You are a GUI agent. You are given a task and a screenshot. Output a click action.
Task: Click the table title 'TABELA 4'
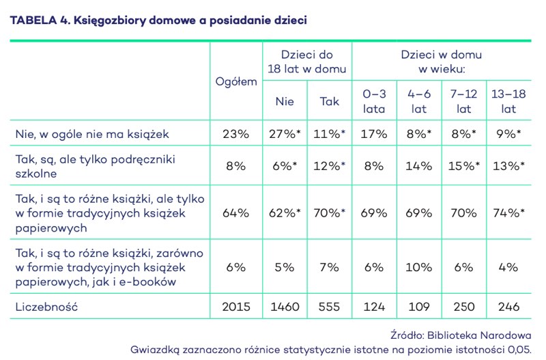(x=38, y=20)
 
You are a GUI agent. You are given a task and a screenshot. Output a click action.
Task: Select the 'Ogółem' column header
(x=236, y=81)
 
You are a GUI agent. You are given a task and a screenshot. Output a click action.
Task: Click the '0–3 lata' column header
(x=374, y=101)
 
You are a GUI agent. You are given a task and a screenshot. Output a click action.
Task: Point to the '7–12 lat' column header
(x=464, y=101)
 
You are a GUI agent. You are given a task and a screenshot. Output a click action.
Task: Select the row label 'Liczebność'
(x=46, y=307)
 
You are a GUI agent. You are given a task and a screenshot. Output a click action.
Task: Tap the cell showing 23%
(x=236, y=134)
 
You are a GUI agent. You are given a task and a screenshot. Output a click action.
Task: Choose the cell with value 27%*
(x=285, y=134)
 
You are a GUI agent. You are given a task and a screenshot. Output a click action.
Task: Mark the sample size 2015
(x=236, y=307)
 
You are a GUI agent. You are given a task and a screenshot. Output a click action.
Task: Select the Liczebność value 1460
(x=285, y=307)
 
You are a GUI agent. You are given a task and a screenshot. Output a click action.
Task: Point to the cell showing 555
(x=330, y=307)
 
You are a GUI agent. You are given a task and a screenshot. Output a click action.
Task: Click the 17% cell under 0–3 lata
(x=374, y=134)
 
